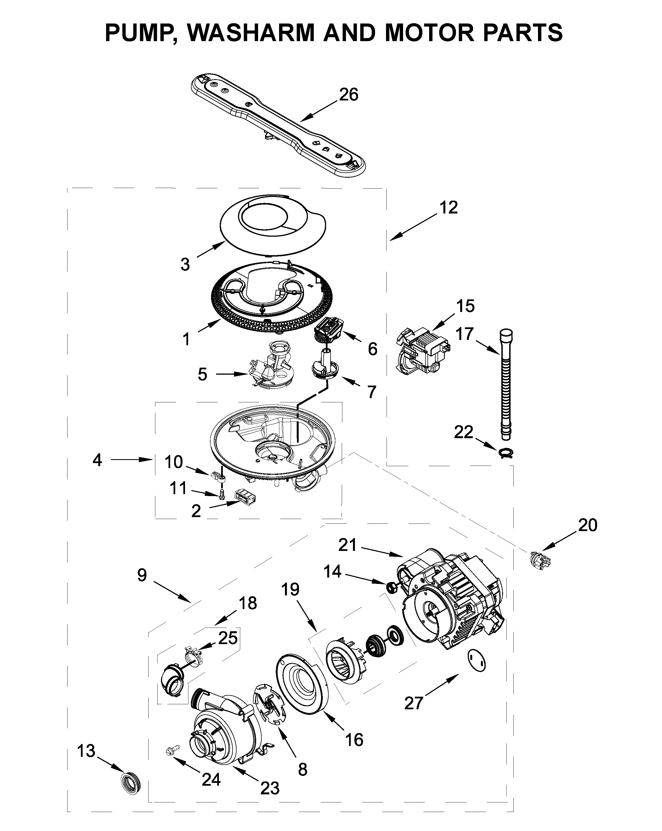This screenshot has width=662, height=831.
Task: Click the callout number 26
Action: pyautogui.click(x=348, y=95)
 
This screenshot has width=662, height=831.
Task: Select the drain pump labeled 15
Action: pyautogui.click(x=422, y=351)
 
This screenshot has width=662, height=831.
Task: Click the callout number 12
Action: pyautogui.click(x=448, y=207)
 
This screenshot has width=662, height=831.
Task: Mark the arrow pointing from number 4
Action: pyautogui.click(x=131, y=459)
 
